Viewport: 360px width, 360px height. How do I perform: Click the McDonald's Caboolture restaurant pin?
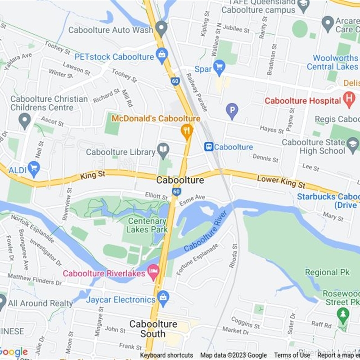tap(187, 131)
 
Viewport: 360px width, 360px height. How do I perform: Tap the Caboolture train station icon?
tap(208, 147)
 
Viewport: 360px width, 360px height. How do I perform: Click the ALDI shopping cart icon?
tap(34, 169)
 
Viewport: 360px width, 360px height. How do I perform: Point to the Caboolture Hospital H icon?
tap(349, 99)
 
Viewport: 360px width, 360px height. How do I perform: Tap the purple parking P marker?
tap(232, 110)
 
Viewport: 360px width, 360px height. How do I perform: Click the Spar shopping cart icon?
tap(219, 67)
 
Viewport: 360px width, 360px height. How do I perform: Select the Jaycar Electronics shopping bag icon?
tap(163, 297)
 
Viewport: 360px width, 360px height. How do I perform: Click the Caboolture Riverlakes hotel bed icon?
tap(154, 271)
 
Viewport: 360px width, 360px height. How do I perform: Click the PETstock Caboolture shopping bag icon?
tap(162, 55)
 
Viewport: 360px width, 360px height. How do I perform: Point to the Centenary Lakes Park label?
tap(147, 225)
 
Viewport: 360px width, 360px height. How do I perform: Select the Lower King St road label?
tap(281, 182)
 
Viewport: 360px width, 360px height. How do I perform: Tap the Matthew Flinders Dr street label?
tap(35, 279)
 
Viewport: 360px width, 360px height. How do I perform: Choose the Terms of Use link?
tap(292, 355)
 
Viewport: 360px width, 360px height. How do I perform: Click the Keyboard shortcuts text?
tap(166, 355)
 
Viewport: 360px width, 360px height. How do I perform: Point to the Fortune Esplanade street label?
tap(198, 259)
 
